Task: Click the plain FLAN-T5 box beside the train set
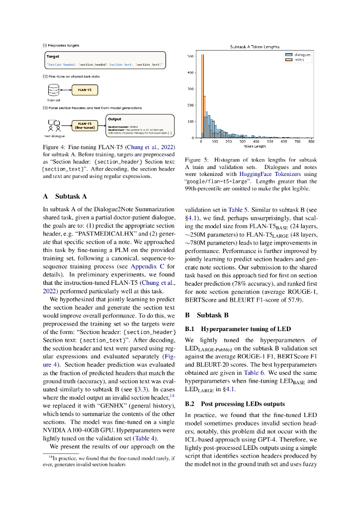click(86, 90)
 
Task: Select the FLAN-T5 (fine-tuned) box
click(86, 125)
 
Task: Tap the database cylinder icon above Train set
click(54, 90)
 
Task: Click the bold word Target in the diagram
click(53, 57)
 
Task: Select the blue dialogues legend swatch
click(288, 54)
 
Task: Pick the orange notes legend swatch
click(288, 59)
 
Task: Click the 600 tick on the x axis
click(284, 142)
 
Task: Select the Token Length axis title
click(255, 147)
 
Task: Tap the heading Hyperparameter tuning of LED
click(237, 329)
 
